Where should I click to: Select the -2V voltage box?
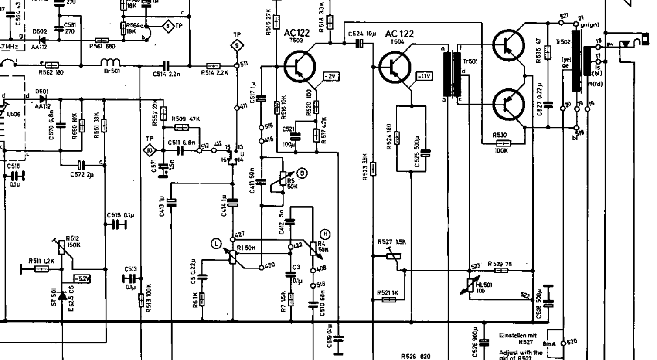coord(331,77)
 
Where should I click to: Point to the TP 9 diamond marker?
coord(237,44)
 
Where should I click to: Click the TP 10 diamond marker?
coord(150,150)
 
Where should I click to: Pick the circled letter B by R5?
coord(301,173)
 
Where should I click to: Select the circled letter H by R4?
coord(325,234)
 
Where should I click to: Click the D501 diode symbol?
coord(42,98)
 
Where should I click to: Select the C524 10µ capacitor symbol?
coord(360,44)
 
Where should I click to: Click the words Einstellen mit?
coord(518,336)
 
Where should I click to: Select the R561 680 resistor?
coord(102,40)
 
